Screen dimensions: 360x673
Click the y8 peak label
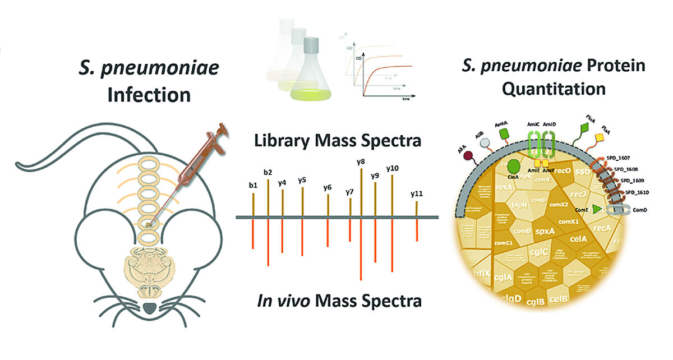[361, 162]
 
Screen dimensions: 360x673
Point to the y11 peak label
[416, 194]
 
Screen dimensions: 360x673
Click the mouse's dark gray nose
[149, 307]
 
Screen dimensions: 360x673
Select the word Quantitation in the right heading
[554, 89]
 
